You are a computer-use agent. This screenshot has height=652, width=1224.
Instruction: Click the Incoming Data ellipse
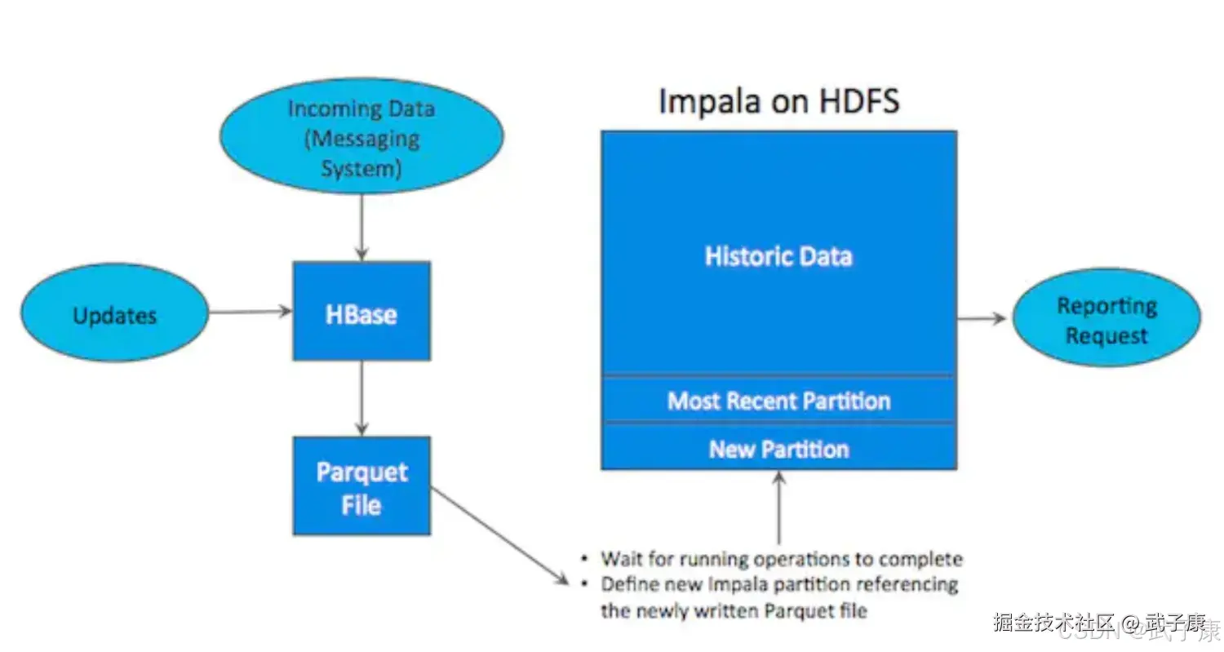click(x=361, y=136)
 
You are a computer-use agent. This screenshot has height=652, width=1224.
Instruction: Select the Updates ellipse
click(x=115, y=313)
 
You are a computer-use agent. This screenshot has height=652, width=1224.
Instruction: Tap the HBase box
click(x=361, y=312)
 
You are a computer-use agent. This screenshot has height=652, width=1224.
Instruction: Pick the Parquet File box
click(x=361, y=486)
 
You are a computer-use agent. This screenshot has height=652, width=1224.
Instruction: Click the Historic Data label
click(x=778, y=256)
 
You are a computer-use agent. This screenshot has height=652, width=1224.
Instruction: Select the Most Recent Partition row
click(x=778, y=400)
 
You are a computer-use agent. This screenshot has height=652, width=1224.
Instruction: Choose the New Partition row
click(x=778, y=448)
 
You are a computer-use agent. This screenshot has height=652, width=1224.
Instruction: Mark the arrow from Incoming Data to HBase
click(x=361, y=228)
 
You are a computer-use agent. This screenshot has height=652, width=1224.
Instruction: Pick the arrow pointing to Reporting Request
click(x=982, y=317)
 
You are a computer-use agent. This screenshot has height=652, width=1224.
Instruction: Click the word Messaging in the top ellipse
click(x=361, y=138)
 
